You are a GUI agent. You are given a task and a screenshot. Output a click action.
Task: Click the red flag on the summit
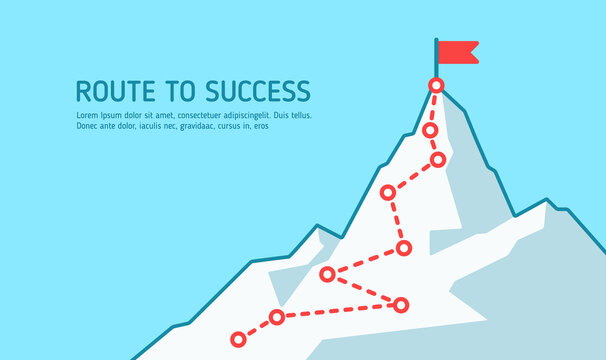(458, 51)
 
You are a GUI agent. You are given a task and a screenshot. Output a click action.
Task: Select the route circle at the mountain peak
(436, 85)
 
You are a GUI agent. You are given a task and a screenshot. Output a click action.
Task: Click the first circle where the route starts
(238, 338)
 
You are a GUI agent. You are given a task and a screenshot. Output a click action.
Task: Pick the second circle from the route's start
(277, 318)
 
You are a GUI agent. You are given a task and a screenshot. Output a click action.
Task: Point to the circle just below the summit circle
(430, 130)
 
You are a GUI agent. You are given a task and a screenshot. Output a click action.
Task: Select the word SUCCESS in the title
(257, 91)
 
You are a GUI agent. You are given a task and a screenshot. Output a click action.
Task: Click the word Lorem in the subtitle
(87, 115)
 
